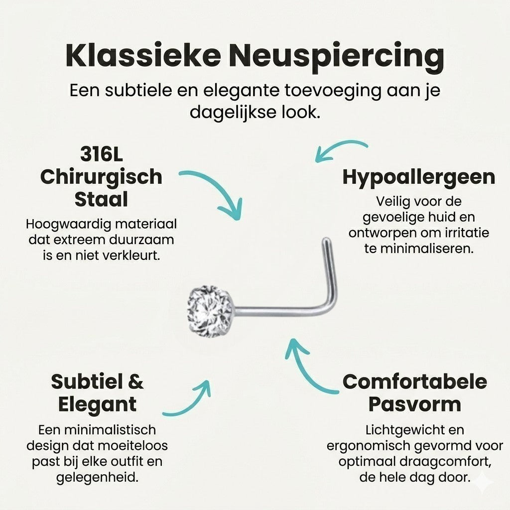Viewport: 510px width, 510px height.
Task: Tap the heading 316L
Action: point(102,154)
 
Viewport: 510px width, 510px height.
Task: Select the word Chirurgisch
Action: point(101,177)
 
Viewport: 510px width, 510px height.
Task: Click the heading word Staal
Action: point(101,199)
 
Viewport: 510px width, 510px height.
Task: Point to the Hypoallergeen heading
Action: point(418,178)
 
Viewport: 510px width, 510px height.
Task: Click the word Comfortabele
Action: point(415,382)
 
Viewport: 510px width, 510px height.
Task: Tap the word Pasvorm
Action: point(415,404)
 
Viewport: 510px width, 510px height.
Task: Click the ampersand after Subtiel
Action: point(136,382)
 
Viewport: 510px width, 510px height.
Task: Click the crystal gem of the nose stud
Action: point(211,309)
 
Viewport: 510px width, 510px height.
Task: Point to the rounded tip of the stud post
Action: point(326,241)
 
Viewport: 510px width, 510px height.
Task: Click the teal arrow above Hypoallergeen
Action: point(338,146)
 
